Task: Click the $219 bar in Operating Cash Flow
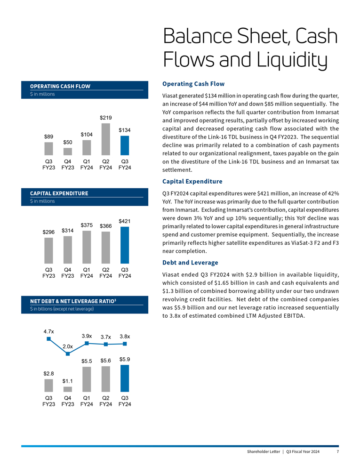coord(106,139)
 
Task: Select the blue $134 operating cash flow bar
coord(125,145)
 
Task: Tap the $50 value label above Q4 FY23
coord(68,142)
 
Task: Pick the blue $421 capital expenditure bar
coord(125,245)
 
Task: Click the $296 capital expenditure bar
coord(48,250)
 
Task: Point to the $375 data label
coord(87,225)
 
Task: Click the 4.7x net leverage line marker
coord(48,339)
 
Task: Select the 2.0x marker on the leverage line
coord(68,354)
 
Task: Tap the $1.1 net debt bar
coord(68,389)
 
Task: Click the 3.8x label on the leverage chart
coord(125,337)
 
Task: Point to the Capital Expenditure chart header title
coord(59,193)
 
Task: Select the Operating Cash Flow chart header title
coord(60,86)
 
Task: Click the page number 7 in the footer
coord(337,452)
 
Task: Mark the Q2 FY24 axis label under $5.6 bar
coord(106,401)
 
